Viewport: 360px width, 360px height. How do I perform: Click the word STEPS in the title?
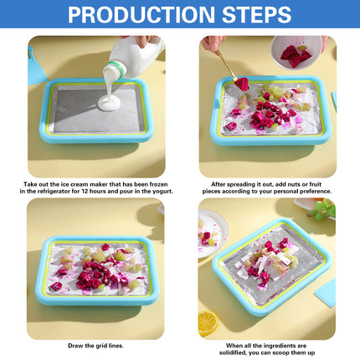pyautogui.click(x=250, y=14)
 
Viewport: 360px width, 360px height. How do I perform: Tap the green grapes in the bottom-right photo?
pyautogui.click(x=322, y=210)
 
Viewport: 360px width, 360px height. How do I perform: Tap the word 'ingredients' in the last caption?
pyautogui.click(x=289, y=344)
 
